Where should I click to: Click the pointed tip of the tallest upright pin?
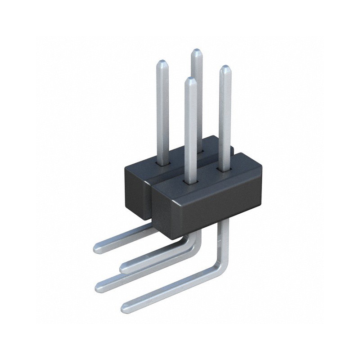pos(196,51)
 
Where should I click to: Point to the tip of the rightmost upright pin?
pos(225,67)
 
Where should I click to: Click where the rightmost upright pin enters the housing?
pos(225,169)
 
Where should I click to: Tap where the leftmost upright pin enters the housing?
pos(162,163)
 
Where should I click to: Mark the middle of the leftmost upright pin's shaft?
pos(162,112)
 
